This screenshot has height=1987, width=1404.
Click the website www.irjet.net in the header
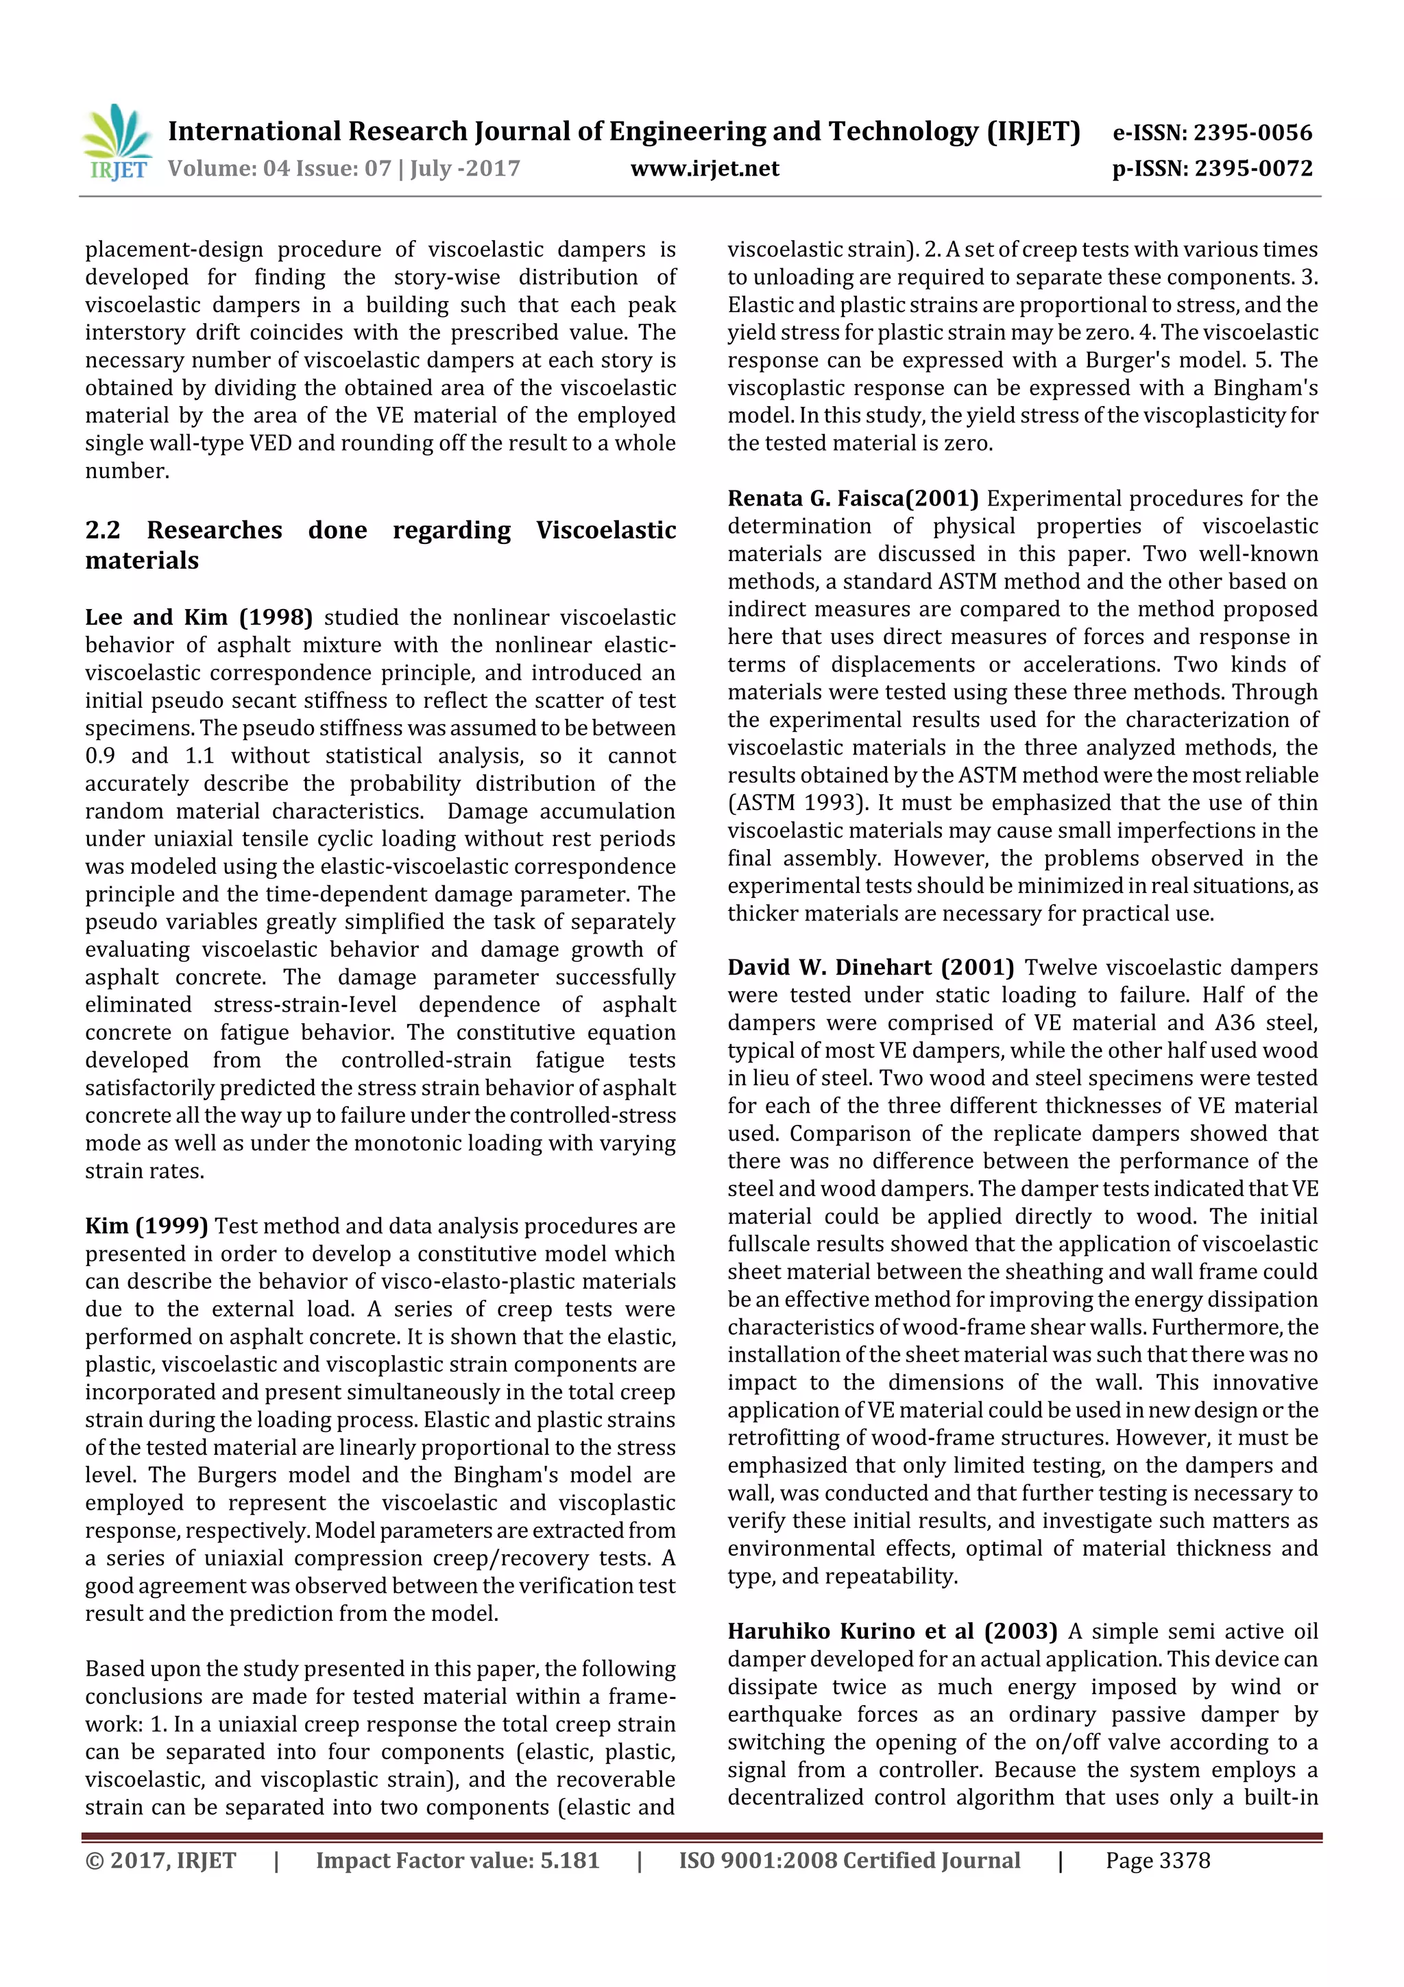tap(704, 169)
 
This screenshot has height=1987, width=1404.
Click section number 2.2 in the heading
tap(103, 530)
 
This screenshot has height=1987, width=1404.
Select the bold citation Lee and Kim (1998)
tap(199, 617)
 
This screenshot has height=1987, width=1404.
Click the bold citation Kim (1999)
tap(146, 1226)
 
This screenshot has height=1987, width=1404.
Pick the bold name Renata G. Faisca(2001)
tap(852, 499)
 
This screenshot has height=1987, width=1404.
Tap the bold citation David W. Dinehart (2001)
tap(870, 968)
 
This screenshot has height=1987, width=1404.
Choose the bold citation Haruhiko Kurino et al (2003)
tap(892, 1631)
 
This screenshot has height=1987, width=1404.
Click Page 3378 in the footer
tap(1157, 1861)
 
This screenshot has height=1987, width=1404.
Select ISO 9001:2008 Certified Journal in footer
tap(849, 1861)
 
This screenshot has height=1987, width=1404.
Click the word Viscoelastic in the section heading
tap(605, 530)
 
